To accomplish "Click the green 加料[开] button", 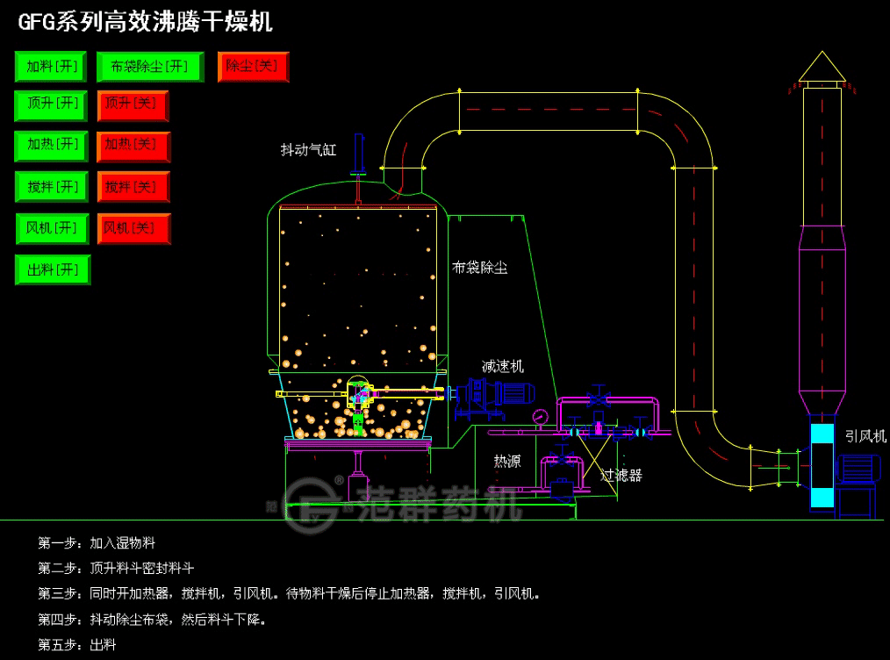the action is pyautogui.click(x=51, y=67).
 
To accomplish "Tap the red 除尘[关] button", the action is pyautogui.click(x=253, y=67).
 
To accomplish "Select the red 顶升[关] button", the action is pyautogui.click(x=133, y=105).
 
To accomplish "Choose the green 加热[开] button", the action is pyautogui.click(x=51, y=146).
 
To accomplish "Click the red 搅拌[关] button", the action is pyautogui.click(x=133, y=187).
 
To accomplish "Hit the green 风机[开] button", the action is pyautogui.click(x=52, y=229).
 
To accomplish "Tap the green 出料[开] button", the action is pyautogui.click(x=53, y=269).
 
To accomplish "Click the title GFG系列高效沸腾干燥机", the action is pyautogui.click(x=146, y=23).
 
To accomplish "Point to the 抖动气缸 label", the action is pyautogui.click(x=308, y=150).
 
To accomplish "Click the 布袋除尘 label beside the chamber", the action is pyautogui.click(x=479, y=268).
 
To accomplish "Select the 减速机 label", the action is pyautogui.click(x=502, y=366).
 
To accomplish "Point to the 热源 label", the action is pyautogui.click(x=506, y=461).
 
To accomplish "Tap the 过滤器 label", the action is pyautogui.click(x=621, y=475).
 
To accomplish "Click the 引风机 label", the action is pyautogui.click(x=865, y=436).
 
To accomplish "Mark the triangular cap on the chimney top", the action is pyautogui.click(x=822, y=66).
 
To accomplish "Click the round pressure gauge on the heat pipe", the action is pyautogui.click(x=541, y=417).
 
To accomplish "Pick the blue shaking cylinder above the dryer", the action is pyautogui.click(x=358, y=154).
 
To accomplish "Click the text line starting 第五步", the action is pyautogui.click(x=76, y=645).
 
